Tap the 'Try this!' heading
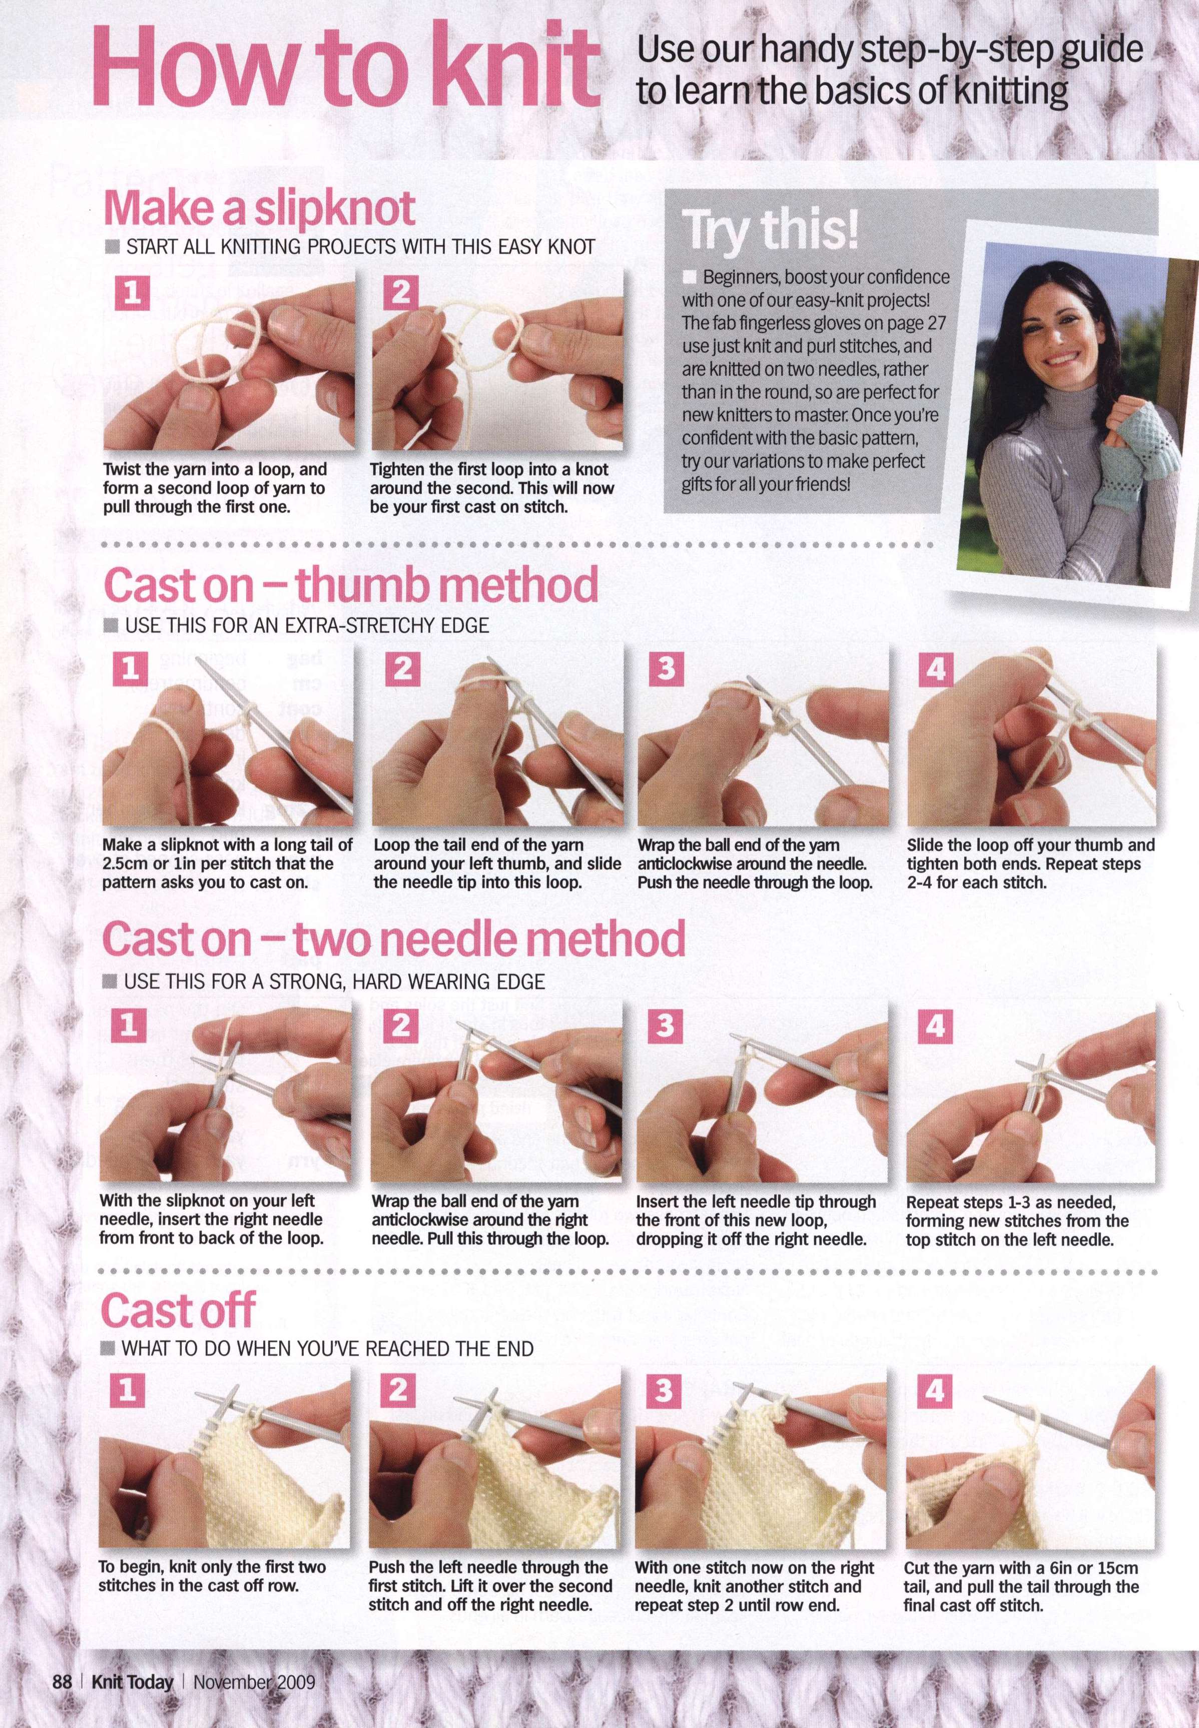pyautogui.click(x=770, y=229)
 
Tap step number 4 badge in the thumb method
pyautogui.click(x=935, y=667)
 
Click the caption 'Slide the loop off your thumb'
pyautogui.click(x=1031, y=863)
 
